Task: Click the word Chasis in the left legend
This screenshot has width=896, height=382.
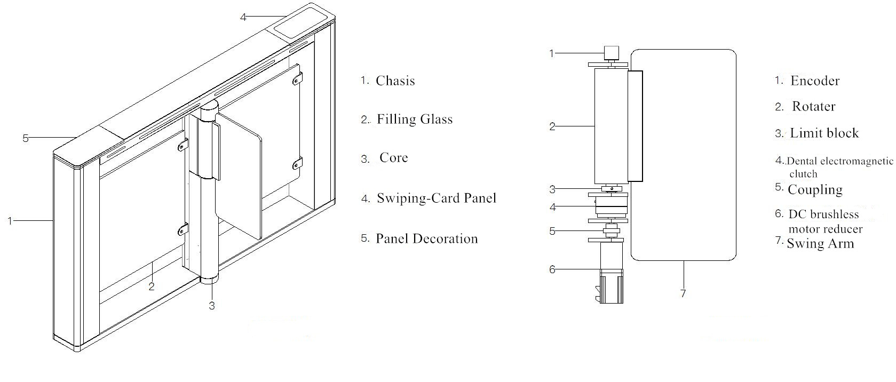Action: (x=395, y=81)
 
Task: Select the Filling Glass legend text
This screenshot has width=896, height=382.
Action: (x=414, y=119)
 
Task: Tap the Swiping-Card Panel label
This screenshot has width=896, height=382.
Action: (x=436, y=198)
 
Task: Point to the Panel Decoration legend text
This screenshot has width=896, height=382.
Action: (x=426, y=238)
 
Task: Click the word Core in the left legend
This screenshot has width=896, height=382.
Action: (x=393, y=158)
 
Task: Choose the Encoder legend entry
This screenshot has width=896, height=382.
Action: (x=814, y=81)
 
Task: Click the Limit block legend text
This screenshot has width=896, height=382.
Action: (x=824, y=133)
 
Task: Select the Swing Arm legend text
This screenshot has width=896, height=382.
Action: (x=820, y=244)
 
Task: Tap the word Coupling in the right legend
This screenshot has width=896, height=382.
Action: (x=815, y=190)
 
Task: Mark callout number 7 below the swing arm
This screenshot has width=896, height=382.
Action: (x=683, y=294)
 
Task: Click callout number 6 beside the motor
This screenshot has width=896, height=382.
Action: (x=552, y=269)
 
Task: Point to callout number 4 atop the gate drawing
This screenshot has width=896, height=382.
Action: (x=243, y=17)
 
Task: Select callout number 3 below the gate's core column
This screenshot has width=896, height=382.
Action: (x=212, y=306)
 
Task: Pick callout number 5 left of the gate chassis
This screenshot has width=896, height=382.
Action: (x=25, y=138)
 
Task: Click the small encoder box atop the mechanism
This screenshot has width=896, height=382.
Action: (x=611, y=53)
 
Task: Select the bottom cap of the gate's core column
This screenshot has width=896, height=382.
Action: (x=210, y=277)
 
